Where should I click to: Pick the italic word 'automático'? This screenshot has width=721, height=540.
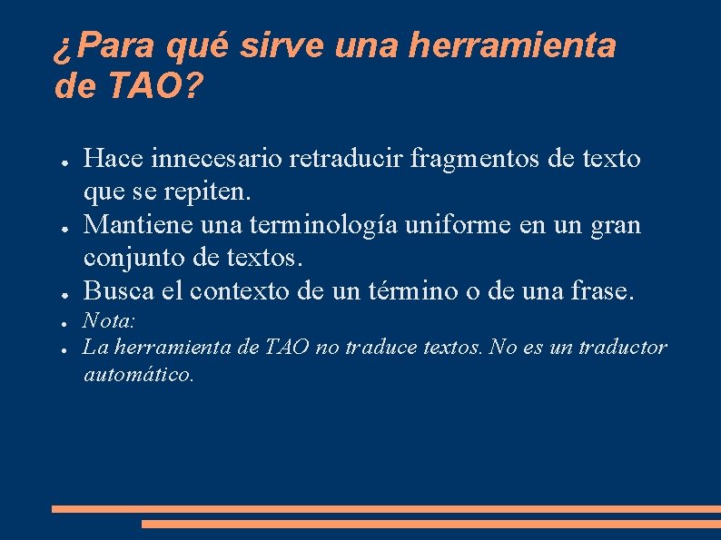[138, 373]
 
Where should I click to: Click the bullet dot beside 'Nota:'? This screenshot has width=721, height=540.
[67, 322]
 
